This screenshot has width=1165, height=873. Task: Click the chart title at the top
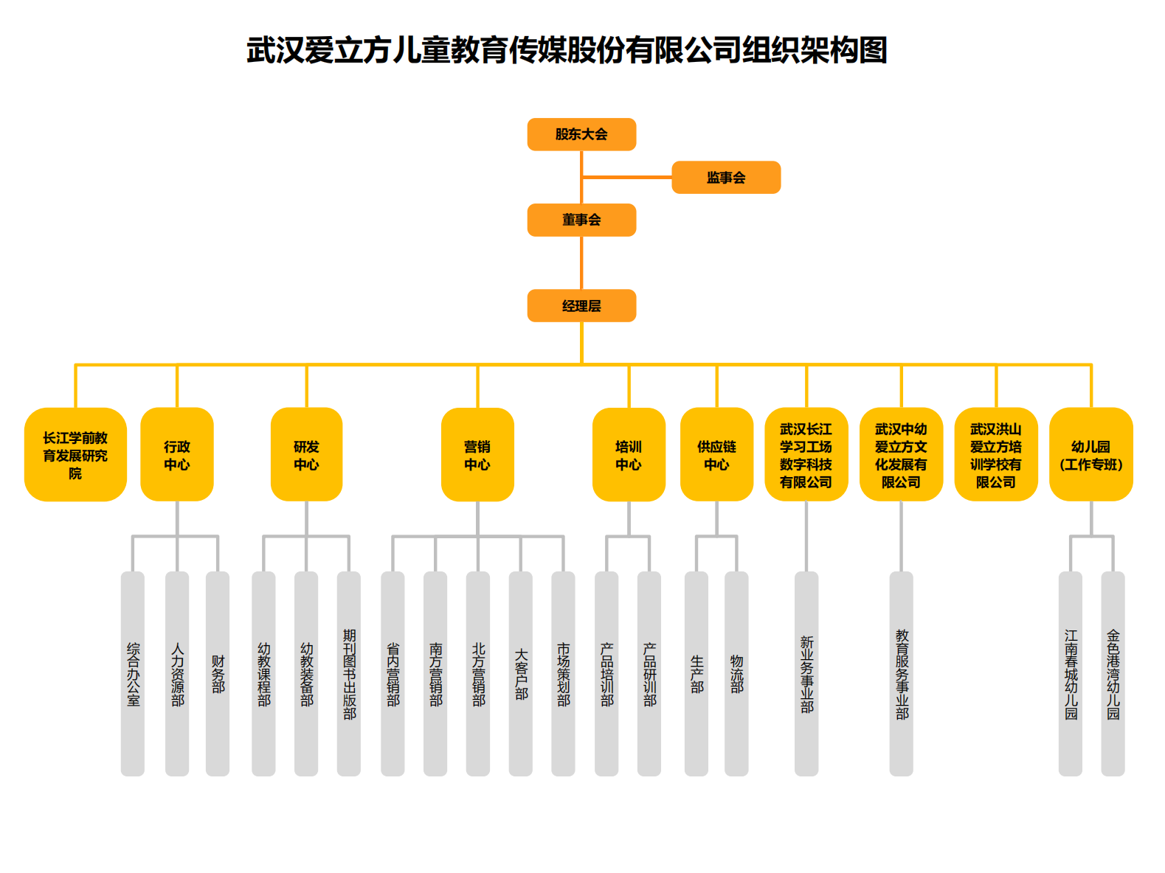point(567,50)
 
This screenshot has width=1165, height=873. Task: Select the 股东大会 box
point(581,134)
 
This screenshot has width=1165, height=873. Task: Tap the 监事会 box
point(726,178)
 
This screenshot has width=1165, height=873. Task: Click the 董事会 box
point(581,220)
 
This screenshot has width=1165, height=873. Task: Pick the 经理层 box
point(581,306)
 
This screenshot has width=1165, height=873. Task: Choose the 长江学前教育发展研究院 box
point(75,455)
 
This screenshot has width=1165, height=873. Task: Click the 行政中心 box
point(177,455)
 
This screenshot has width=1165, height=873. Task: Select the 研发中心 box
point(306,455)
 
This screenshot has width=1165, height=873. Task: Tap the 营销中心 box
point(477,455)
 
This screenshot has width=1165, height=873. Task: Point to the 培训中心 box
point(629,455)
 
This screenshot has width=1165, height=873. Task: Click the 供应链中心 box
point(716,455)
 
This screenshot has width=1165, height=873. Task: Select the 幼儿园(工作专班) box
point(1090,455)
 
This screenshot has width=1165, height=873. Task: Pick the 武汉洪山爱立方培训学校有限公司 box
point(996,455)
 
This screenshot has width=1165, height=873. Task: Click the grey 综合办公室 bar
point(133,674)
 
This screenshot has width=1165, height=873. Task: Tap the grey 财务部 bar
point(218,674)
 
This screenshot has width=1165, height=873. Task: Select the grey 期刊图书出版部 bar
point(349,674)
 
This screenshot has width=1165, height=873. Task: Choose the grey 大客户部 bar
point(521,674)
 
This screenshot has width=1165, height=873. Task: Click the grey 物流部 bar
point(736,674)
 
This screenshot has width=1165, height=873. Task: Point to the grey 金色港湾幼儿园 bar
point(1113,674)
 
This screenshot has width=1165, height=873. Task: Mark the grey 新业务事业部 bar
point(806,674)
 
